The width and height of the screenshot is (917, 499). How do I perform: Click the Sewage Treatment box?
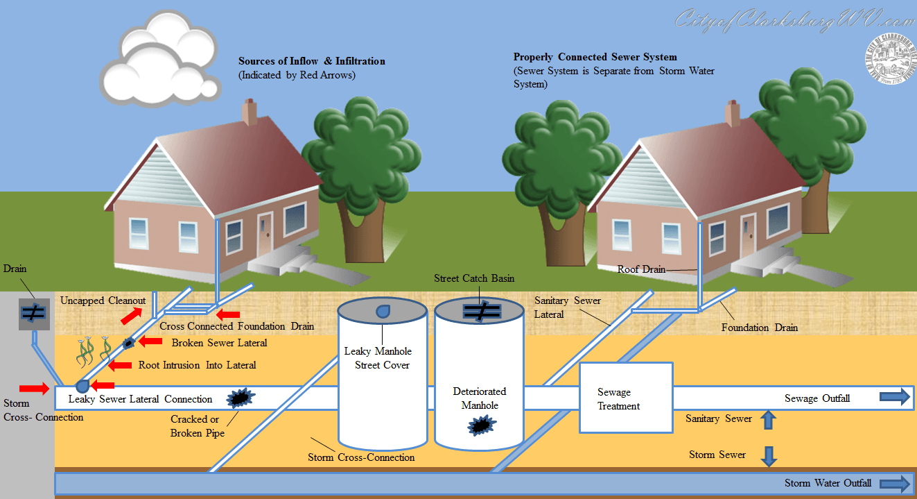coord(626,398)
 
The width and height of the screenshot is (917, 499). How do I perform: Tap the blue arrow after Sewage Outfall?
coord(894,397)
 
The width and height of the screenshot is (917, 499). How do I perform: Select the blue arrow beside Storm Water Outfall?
coord(894,483)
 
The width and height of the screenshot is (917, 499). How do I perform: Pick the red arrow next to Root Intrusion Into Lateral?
coord(120,365)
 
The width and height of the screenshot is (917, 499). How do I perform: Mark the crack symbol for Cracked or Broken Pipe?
coord(239,398)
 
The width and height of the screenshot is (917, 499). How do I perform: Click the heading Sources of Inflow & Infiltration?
coord(311,61)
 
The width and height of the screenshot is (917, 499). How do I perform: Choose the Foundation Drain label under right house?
coord(759,328)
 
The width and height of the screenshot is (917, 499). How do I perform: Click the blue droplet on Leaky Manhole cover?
coord(382,312)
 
